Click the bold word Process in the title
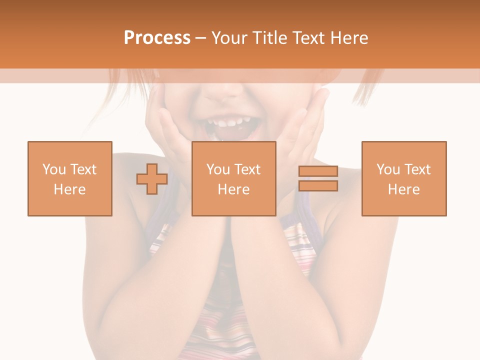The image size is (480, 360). click(157, 38)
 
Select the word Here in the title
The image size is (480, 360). click(348, 38)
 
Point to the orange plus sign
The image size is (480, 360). click(152, 179)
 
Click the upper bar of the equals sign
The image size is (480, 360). click(318, 171)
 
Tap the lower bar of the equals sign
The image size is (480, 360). click(318, 185)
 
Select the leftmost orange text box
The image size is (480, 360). click(69, 178)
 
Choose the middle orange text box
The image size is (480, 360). click(233, 178)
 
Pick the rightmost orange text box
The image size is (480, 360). click(403, 178)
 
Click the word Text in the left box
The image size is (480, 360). click(83, 169)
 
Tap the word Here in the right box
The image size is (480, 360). click(403, 189)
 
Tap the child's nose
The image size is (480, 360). click(227, 90)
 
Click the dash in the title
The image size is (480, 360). click(200, 38)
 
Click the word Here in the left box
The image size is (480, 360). click(69, 189)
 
